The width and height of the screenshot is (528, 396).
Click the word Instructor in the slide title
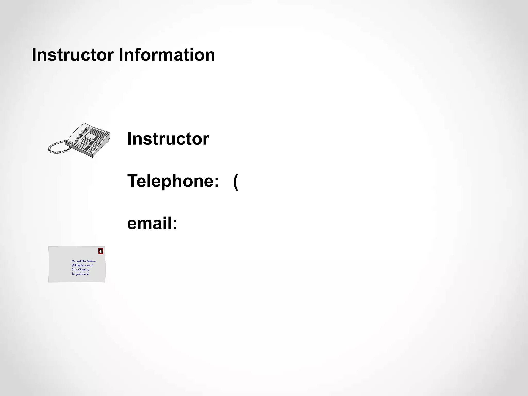(73, 55)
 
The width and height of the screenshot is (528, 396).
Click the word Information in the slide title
(167, 55)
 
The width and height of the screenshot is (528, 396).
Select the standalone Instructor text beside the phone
(168, 139)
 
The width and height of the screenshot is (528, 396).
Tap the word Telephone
(170, 181)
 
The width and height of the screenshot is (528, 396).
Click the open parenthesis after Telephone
(235, 181)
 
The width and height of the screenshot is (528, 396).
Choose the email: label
(152, 223)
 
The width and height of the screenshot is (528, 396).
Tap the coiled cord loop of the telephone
(58, 148)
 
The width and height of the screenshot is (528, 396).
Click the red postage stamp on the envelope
(101, 251)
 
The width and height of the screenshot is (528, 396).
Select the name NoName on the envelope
(91, 261)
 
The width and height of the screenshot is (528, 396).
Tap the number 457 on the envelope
(74, 265)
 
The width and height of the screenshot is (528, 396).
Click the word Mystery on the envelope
(85, 270)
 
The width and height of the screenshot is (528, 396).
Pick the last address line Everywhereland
(80, 274)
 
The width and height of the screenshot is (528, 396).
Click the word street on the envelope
(89, 265)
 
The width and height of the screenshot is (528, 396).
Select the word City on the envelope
(74, 270)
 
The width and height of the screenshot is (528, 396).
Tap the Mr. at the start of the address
(73, 261)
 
